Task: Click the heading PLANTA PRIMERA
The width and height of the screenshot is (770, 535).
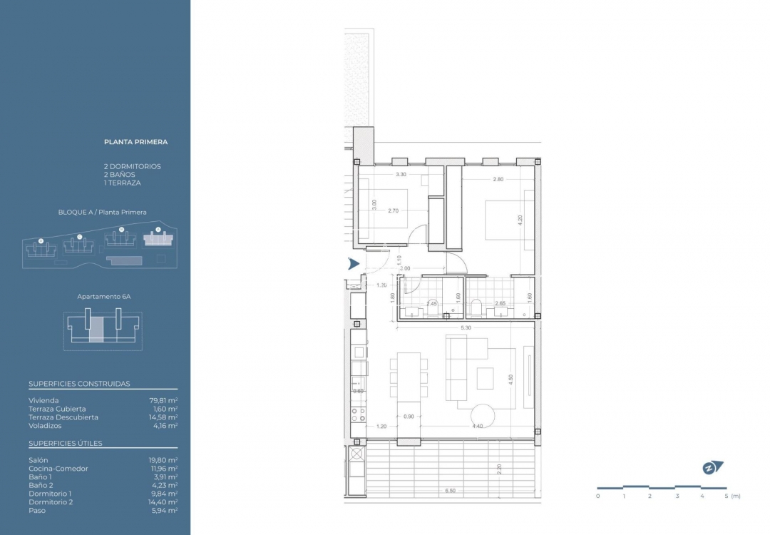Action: [x=135, y=142]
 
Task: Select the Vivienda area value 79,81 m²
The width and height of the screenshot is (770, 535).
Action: [x=163, y=401]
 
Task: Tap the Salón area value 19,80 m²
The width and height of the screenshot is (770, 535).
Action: [x=163, y=460]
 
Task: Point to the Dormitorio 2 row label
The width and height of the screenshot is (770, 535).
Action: [x=51, y=502]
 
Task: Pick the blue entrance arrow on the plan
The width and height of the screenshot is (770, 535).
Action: [x=353, y=264]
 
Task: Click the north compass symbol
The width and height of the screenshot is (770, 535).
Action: [x=712, y=468]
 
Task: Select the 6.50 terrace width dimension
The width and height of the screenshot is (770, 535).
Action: [x=450, y=491]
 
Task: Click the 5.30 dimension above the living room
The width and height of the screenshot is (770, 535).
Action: [x=465, y=327]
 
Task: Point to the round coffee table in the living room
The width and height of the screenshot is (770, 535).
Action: [x=483, y=416]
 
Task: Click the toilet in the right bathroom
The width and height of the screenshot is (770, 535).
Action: [x=476, y=308]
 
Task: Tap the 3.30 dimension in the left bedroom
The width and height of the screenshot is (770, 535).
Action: [x=401, y=174]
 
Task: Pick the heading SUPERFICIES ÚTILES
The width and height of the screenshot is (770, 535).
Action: [x=66, y=444]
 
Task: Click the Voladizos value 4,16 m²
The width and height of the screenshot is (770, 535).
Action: [x=163, y=426]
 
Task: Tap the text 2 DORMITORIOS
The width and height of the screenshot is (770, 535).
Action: [x=133, y=166]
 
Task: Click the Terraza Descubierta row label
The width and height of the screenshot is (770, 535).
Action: [x=63, y=417]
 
